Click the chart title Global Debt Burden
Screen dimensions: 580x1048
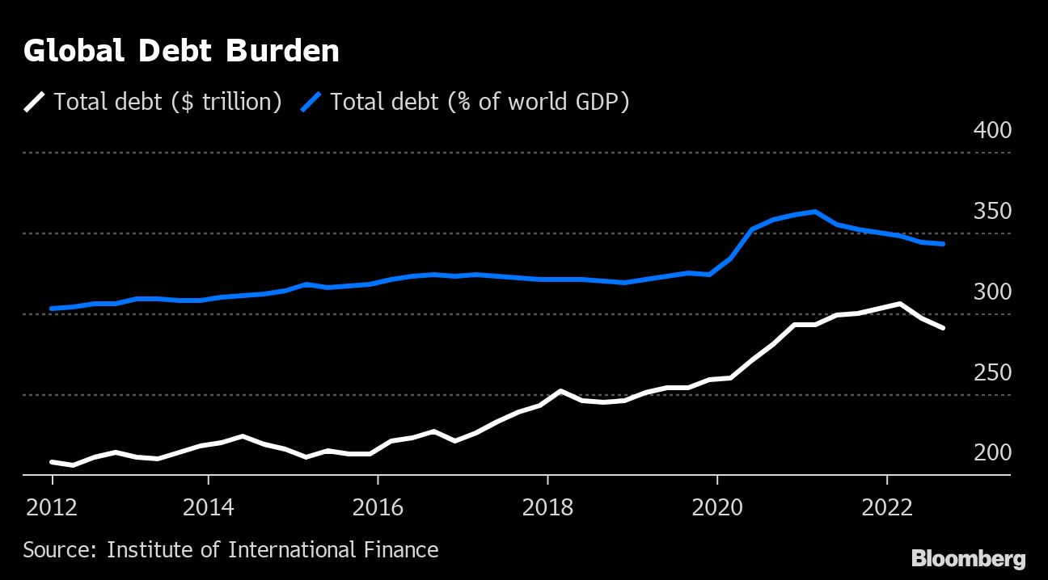181,52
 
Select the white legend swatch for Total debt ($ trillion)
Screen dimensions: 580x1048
36,102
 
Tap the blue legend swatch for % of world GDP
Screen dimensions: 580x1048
311,102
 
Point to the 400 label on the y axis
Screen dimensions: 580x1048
992,130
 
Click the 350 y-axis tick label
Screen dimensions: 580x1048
992,211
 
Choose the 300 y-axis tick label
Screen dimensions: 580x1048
992,292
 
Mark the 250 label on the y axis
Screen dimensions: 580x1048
992,372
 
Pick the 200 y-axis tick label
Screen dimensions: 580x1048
992,452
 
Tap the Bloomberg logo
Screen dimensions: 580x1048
968,558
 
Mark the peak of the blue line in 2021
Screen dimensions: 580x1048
815,212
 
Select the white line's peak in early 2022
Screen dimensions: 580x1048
899,304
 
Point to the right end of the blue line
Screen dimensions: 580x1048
943,244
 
